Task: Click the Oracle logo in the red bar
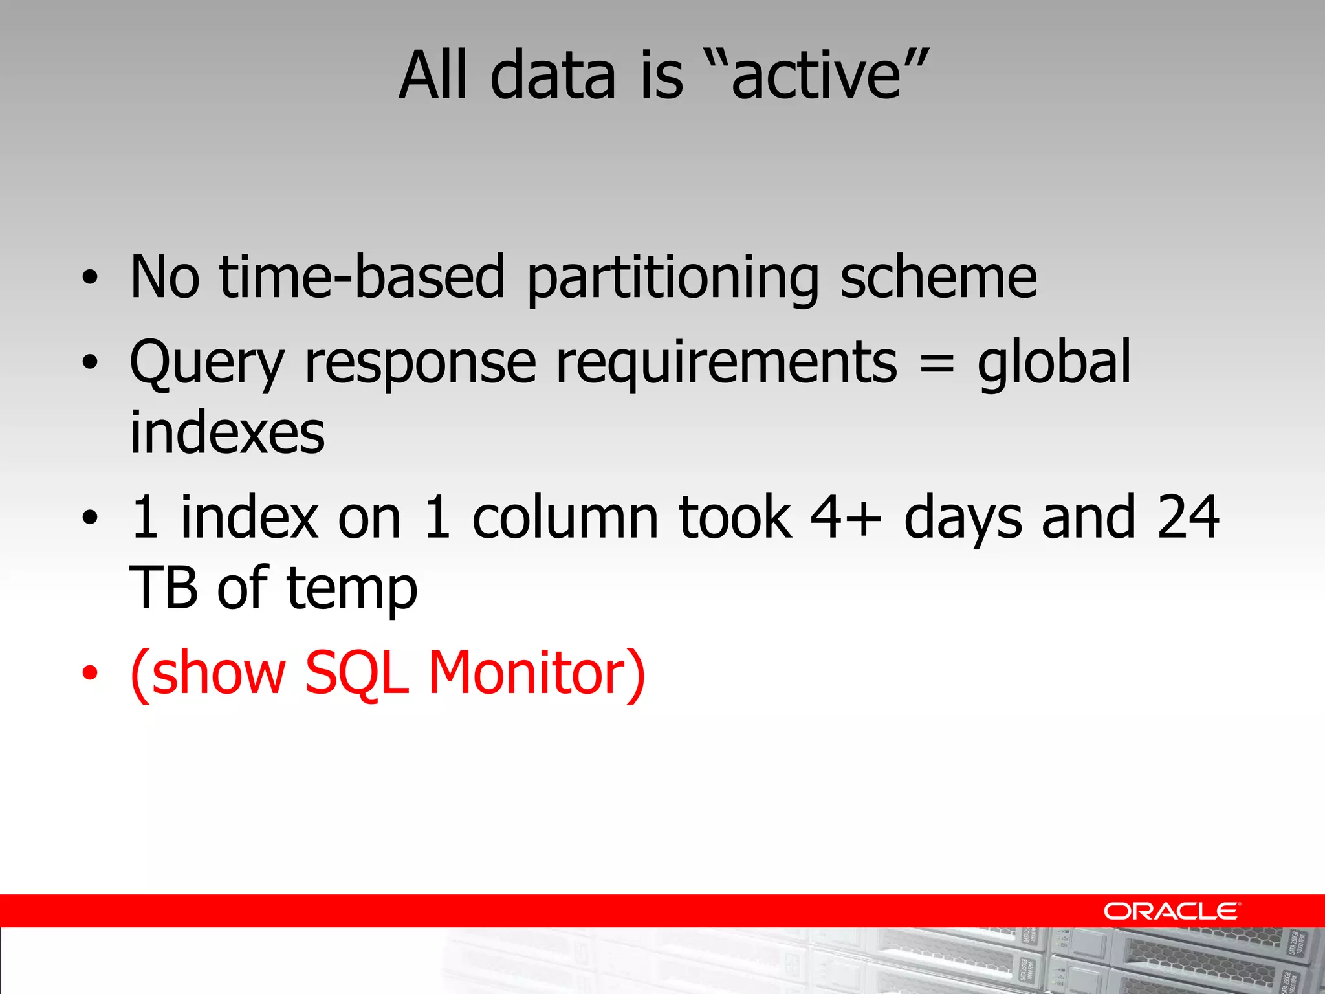pyautogui.click(x=1171, y=911)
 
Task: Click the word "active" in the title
pyautogui.click(x=816, y=76)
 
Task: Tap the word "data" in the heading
pyautogui.click(x=553, y=76)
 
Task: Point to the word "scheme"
pyautogui.click(x=938, y=278)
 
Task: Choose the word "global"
pyautogui.click(x=1054, y=362)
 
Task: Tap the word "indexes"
pyautogui.click(x=227, y=434)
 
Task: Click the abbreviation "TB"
pyautogui.click(x=163, y=589)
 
